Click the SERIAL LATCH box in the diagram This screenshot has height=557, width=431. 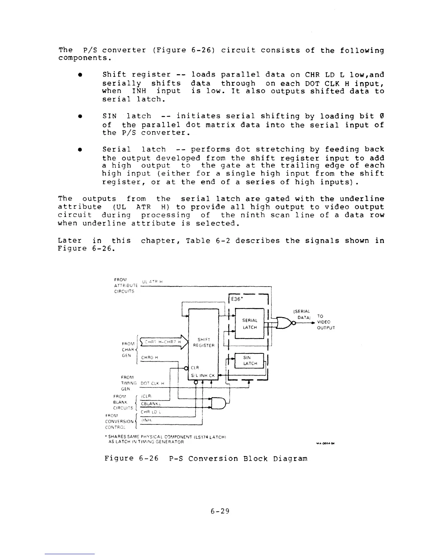[250, 324]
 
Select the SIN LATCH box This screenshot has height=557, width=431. [250, 360]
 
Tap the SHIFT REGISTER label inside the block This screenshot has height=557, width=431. [204, 342]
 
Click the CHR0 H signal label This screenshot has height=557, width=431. [149, 358]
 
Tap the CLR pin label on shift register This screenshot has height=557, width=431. [195, 368]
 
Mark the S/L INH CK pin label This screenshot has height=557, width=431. [203, 376]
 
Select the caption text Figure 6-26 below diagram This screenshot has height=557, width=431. [206, 459]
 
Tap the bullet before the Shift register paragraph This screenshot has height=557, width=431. [81, 75]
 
